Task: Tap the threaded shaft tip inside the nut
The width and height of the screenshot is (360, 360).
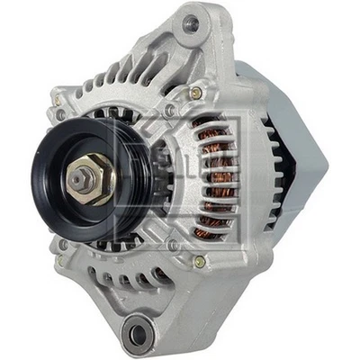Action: pos(90,175)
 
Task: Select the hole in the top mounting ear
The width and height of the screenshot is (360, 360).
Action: pos(190,24)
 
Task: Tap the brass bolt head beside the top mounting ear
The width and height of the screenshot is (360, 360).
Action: pos(195,93)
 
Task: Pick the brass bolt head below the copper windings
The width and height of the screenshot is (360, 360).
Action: pos(199,261)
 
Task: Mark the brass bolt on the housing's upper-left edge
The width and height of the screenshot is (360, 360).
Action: pos(60,114)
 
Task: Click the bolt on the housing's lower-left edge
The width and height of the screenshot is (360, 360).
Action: pos(63,245)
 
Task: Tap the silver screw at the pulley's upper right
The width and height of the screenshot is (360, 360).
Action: pos(169,110)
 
